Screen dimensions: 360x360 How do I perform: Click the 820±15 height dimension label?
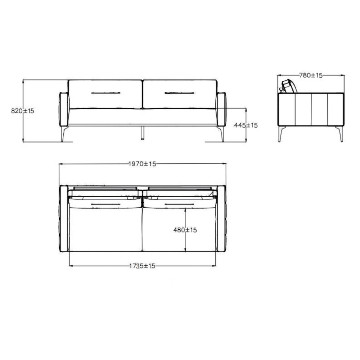(x=22, y=111)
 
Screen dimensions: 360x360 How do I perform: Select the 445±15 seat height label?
(x=246, y=125)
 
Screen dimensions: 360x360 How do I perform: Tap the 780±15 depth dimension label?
(x=311, y=75)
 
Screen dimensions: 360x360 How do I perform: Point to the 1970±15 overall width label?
(x=142, y=164)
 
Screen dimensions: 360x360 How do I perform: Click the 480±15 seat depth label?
(x=185, y=230)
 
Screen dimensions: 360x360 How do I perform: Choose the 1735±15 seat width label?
(x=142, y=266)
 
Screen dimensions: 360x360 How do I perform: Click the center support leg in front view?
(x=143, y=133)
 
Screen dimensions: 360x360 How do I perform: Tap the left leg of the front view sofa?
(x=64, y=134)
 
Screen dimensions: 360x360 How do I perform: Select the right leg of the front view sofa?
(x=221, y=134)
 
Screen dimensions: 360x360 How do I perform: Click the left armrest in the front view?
(x=64, y=109)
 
